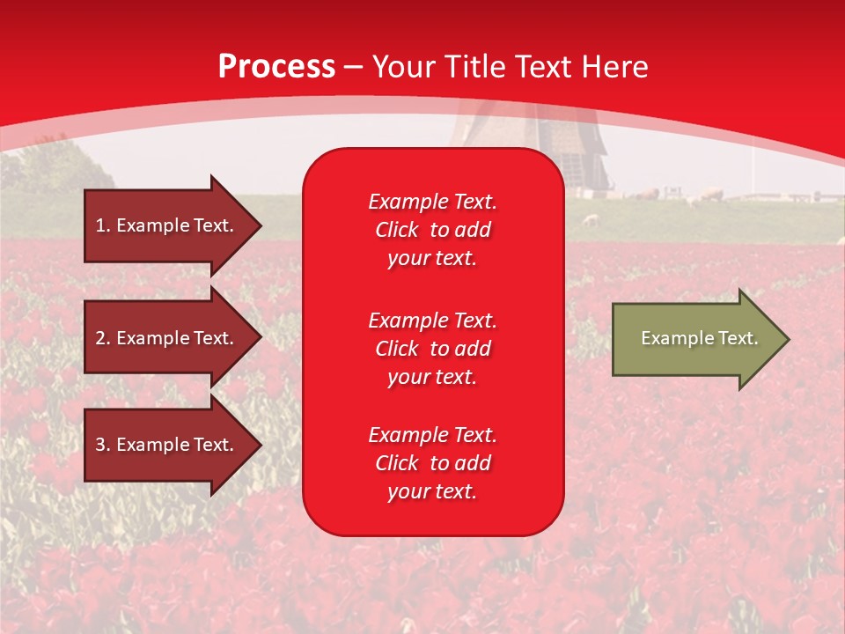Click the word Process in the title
[276, 67]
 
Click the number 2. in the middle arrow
[103, 338]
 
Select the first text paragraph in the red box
[432, 230]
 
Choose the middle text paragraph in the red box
[432, 349]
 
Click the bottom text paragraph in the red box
[432, 463]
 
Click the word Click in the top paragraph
[397, 230]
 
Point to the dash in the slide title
[354, 67]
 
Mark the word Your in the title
[406, 67]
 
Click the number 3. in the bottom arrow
[103, 445]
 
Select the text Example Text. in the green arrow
[699, 338]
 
